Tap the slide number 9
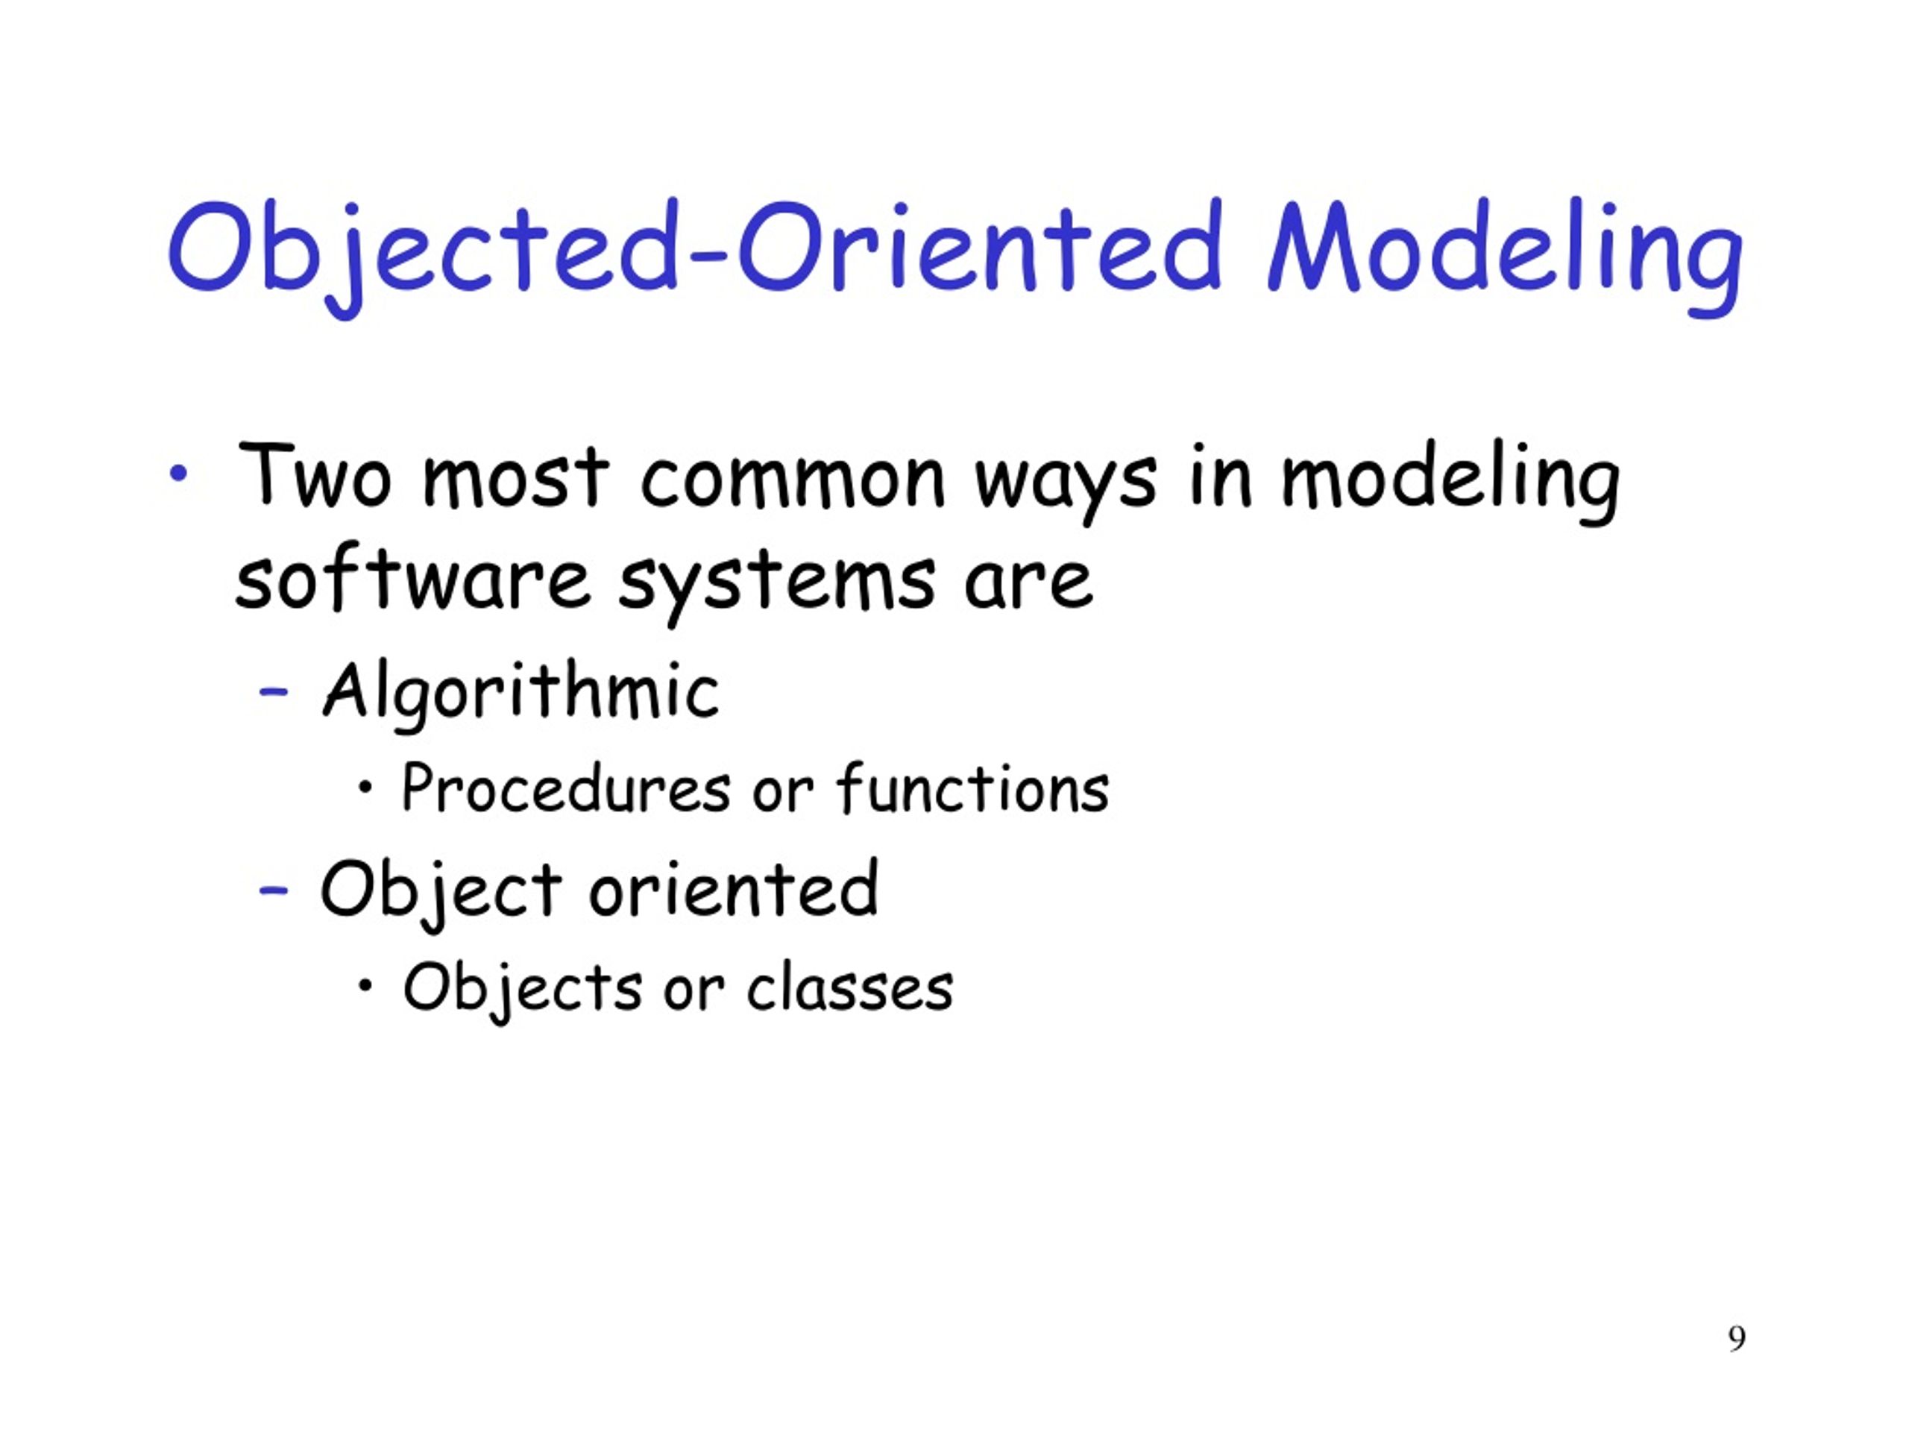pos(1737,1337)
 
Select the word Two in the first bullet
pos(313,477)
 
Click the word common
pos(792,480)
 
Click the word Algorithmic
pos(521,691)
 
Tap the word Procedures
pos(566,789)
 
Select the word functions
pos(972,789)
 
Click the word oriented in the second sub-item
pos(734,889)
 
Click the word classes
pos(849,987)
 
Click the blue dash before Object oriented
pos(274,890)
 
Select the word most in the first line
pos(515,480)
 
